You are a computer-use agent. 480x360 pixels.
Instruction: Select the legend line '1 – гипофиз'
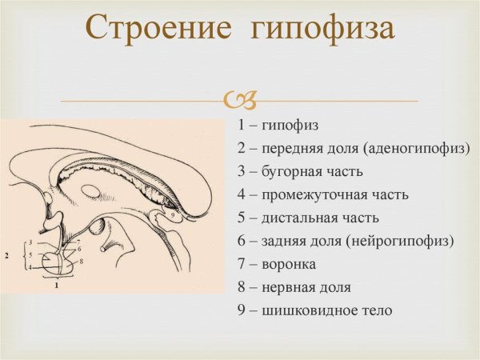[278, 126]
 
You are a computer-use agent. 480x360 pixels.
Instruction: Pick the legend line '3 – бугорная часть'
[300, 171]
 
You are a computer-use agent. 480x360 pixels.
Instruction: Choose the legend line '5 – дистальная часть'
[308, 218]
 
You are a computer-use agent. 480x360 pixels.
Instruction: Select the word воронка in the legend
[288, 264]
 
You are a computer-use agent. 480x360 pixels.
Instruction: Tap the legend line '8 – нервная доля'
[294, 286]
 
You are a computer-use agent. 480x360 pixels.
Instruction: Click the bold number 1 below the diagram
[56, 284]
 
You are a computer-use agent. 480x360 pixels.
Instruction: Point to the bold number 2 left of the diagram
[6, 256]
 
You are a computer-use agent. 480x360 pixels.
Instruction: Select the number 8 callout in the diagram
[82, 261]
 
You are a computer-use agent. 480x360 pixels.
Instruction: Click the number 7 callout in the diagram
[78, 241]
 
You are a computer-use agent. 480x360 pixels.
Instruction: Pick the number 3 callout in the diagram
[29, 242]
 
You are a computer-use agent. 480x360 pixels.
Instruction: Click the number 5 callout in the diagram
[29, 255]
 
